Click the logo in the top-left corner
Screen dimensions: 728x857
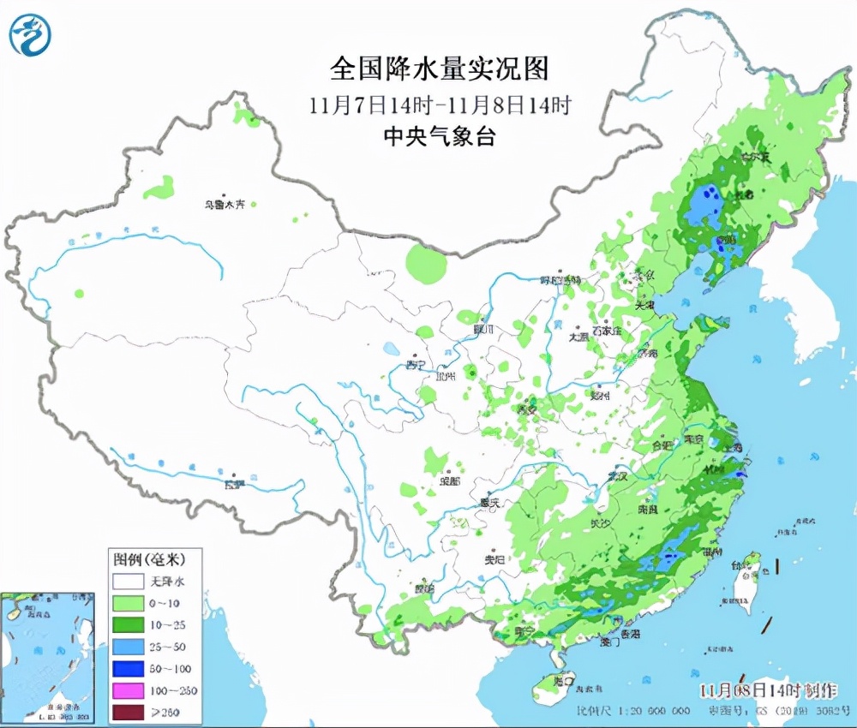[x=30, y=35]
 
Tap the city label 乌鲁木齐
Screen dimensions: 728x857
[x=224, y=204]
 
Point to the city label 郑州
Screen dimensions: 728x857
[x=600, y=395]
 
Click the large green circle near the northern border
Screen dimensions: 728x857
[x=426, y=263]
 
